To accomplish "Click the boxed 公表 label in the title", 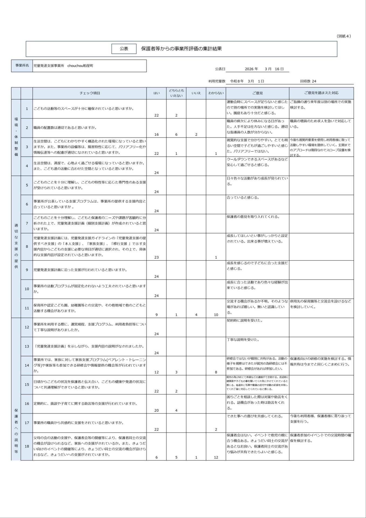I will pyautogui.click(x=124, y=49).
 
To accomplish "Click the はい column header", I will pyautogui.click(x=156, y=93).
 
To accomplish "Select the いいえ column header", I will pyautogui.click(x=196, y=93).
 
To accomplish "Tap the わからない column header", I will pyautogui.click(x=216, y=93).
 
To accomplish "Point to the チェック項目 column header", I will pyautogui.click(x=90, y=93).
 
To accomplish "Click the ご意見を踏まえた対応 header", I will pyautogui.click(x=321, y=93).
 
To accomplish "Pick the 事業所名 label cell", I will pyautogui.click(x=22, y=66).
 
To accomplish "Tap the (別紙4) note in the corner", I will pyautogui.click(x=344, y=36).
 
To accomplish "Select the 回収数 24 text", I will pyautogui.click(x=308, y=81).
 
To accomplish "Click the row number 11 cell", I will pyautogui.click(x=27, y=308).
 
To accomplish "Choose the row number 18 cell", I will pyautogui.click(x=27, y=446).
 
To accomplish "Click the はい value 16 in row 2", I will pyautogui.click(x=156, y=134).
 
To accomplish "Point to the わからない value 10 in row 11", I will pyautogui.click(x=216, y=315).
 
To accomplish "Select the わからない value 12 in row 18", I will pyautogui.click(x=216, y=457).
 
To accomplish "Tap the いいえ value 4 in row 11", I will pyautogui.click(x=196, y=315).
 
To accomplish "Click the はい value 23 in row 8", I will pyautogui.click(x=156, y=257).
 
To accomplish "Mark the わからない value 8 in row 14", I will pyautogui.click(x=216, y=372).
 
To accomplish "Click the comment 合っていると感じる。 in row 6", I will pyautogui.click(x=243, y=198).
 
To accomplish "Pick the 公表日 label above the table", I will pyautogui.click(x=220, y=69).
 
